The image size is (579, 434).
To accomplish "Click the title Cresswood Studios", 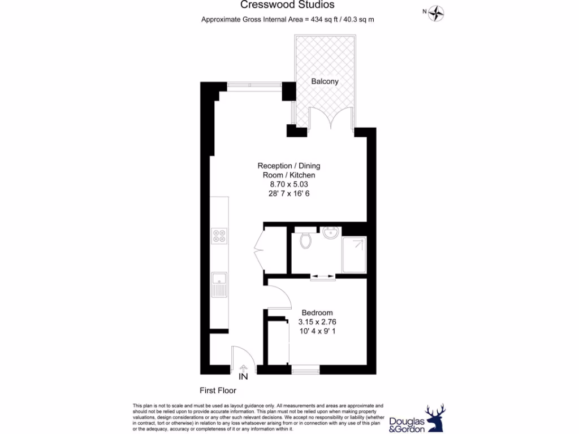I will pyautogui.click(x=288, y=5).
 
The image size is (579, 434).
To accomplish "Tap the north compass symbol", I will pyautogui.click(x=436, y=11).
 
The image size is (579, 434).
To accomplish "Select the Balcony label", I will pyautogui.click(x=325, y=81).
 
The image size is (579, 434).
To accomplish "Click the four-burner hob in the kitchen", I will pyautogui.click(x=219, y=236).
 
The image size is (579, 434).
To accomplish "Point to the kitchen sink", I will pyautogui.click(x=219, y=284).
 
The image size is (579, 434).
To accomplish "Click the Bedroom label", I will pyautogui.click(x=317, y=313).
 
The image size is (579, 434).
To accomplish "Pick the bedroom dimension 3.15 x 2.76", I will pyautogui.click(x=317, y=322).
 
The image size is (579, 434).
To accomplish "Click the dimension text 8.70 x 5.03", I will pyautogui.click(x=288, y=184).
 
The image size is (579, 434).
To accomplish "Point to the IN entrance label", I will pyautogui.click(x=244, y=376).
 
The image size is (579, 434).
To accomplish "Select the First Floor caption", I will pyautogui.click(x=218, y=390).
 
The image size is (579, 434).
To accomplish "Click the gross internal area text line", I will pyautogui.click(x=288, y=19).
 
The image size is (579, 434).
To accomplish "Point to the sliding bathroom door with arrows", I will pyautogui.click(x=323, y=276).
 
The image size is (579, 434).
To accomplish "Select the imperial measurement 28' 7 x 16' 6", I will pyautogui.click(x=288, y=194).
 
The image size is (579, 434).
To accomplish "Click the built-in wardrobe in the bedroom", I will pyautogui.click(x=276, y=341).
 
